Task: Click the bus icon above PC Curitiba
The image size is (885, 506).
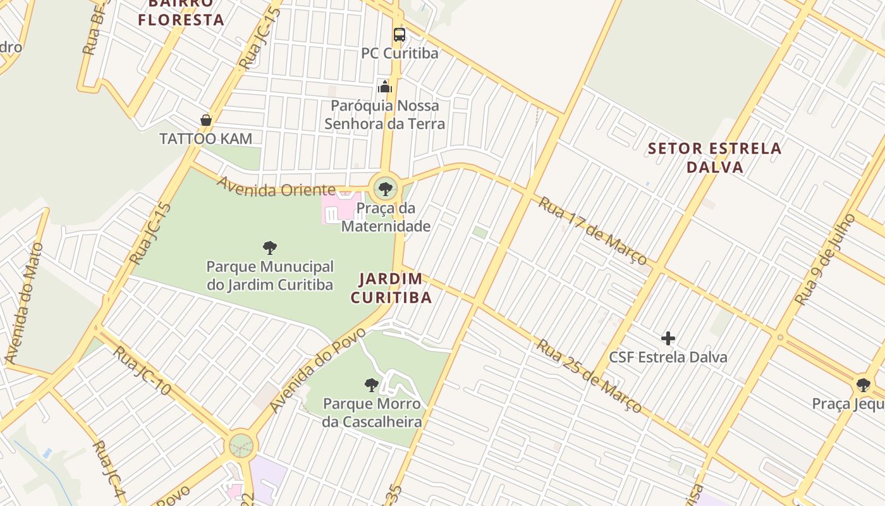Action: point(399,35)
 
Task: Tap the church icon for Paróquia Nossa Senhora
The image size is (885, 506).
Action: point(385,87)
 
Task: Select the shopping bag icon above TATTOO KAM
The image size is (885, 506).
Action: point(205,120)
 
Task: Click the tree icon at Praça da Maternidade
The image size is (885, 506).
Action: point(384,188)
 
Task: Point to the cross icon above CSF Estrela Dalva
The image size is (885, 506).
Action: point(668,338)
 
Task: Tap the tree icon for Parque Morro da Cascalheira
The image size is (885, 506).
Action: point(372,385)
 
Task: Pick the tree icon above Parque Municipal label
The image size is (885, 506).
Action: point(270,247)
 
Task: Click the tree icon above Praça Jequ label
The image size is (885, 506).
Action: point(863,385)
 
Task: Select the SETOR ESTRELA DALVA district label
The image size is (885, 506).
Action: point(715,158)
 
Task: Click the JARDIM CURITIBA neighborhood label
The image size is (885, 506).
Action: point(391,288)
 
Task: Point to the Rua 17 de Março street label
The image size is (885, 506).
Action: point(592,231)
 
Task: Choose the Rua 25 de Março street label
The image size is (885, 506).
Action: point(589,376)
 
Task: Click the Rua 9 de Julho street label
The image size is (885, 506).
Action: point(825,259)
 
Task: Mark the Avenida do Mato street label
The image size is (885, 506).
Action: point(25,303)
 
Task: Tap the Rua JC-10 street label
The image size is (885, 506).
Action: point(142,371)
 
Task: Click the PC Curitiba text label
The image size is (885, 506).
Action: point(400,53)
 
